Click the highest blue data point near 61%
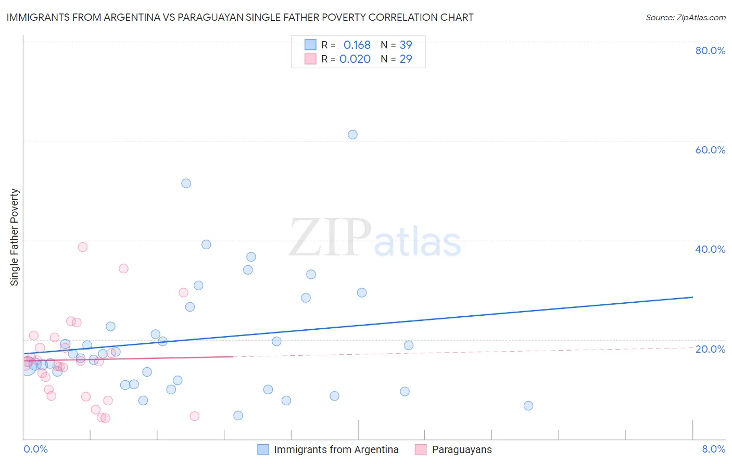(352, 135)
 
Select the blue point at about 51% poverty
(186, 184)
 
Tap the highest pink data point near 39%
(82, 247)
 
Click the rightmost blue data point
(528, 406)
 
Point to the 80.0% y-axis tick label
(710, 50)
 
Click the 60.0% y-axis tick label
(710, 150)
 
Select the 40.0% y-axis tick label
(710, 249)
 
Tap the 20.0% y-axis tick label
(710, 349)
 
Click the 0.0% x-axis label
(35, 449)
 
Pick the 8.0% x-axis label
(713, 449)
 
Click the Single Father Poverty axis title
(15, 237)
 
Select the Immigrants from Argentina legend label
(336, 449)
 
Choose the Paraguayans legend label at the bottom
(461, 449)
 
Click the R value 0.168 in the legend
(357, 45)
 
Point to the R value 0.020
(355, 59)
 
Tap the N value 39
(406, 45)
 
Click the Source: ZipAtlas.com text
(685, 18)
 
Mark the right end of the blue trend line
(692, 297)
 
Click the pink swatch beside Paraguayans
(421, 449)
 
